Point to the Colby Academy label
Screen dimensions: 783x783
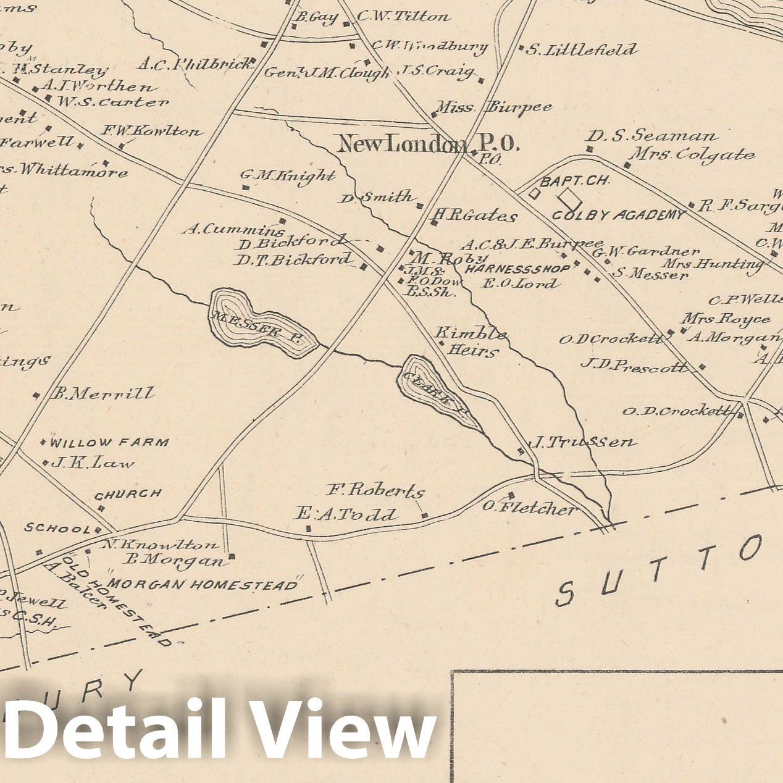coord(618,215)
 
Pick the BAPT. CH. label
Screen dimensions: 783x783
coord(575,180)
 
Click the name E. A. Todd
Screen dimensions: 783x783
coord(346,514)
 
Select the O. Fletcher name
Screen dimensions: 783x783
coord(529,508)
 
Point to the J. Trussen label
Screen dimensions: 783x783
coord(583,442)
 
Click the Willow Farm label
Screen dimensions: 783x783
coord(109,442)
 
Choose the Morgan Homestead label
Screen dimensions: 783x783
coord(203,584)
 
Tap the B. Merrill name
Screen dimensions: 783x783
coord(103,393)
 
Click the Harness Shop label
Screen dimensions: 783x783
coord(517,269)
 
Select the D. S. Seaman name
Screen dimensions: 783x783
coord(651,135)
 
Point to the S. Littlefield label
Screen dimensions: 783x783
coord(581,49)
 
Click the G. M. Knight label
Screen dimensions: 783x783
coord(288,175)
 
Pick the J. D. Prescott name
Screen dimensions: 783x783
coord(634,365)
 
